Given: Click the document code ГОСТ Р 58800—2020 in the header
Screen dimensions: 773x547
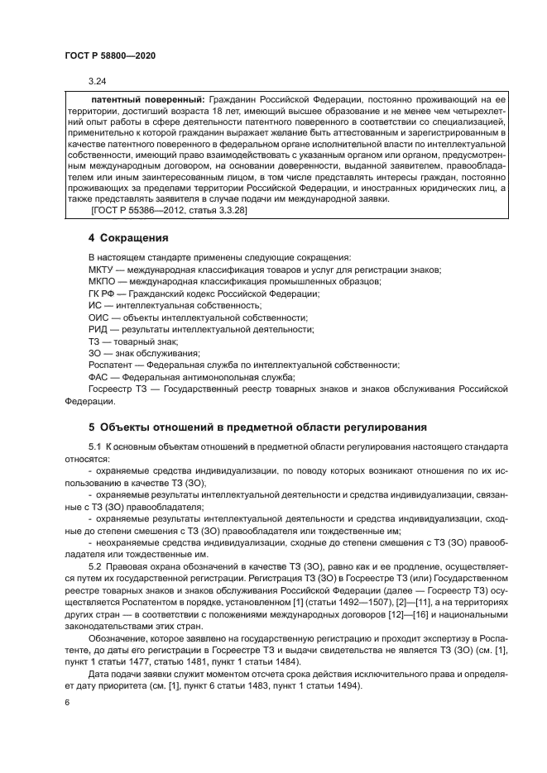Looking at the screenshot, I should pos(109,55).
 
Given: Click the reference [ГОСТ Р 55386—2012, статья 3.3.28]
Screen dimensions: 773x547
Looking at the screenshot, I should pos(166,212).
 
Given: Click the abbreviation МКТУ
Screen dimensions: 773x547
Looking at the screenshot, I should pos(101,270).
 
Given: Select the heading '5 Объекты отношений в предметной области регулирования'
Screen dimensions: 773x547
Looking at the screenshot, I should pos(257,427).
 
